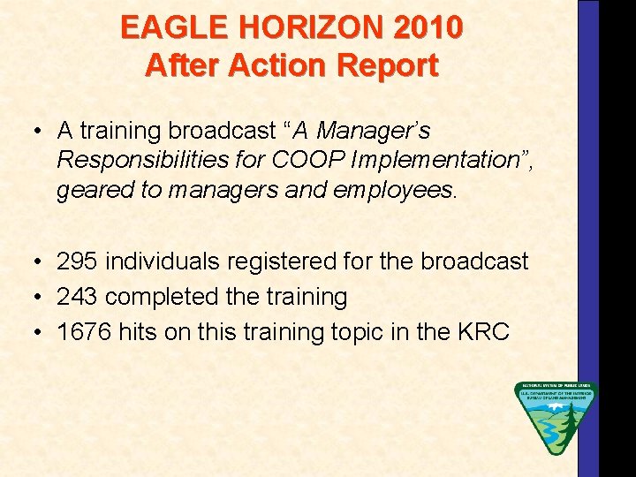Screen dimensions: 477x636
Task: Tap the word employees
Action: tap(408, 189)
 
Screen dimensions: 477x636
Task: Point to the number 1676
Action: tap(83, 332)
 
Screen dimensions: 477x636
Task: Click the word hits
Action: tap(142, 332)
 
